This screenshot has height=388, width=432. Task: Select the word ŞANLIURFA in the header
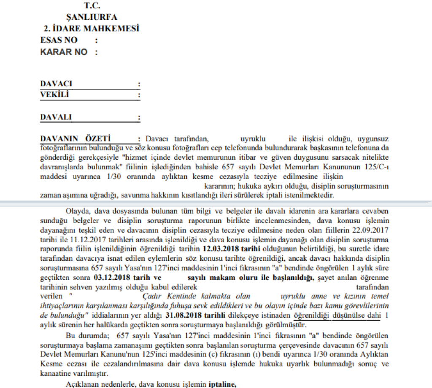[92, 17]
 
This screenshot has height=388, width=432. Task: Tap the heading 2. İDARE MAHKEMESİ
[92, 29]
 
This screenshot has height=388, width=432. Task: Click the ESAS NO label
[59, 40]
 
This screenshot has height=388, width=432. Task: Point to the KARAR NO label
[64, 52]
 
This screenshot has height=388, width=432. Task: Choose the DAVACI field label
[56, 84]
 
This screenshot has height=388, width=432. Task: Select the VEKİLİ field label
[54, 94]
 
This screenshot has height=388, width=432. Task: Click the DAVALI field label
[56, 117]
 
